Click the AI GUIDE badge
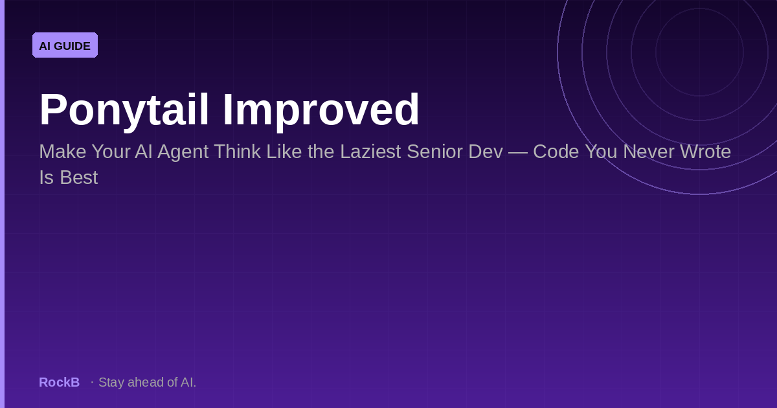click(65, 45)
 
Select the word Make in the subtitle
click(62, 152)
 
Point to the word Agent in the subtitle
click(183, 152)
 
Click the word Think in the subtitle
click(237, 152)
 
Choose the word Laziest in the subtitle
click(370, 152)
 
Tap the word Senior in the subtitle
click(435, 152)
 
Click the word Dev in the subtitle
click(486, 152)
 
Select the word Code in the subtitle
click(556, 152)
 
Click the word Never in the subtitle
click(649, 152)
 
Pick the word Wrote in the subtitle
click(705, 152)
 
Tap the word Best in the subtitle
click(79, 177)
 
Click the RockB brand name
click(60, 382)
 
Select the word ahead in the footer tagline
click(146, 382)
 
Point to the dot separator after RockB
click(92, 382)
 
